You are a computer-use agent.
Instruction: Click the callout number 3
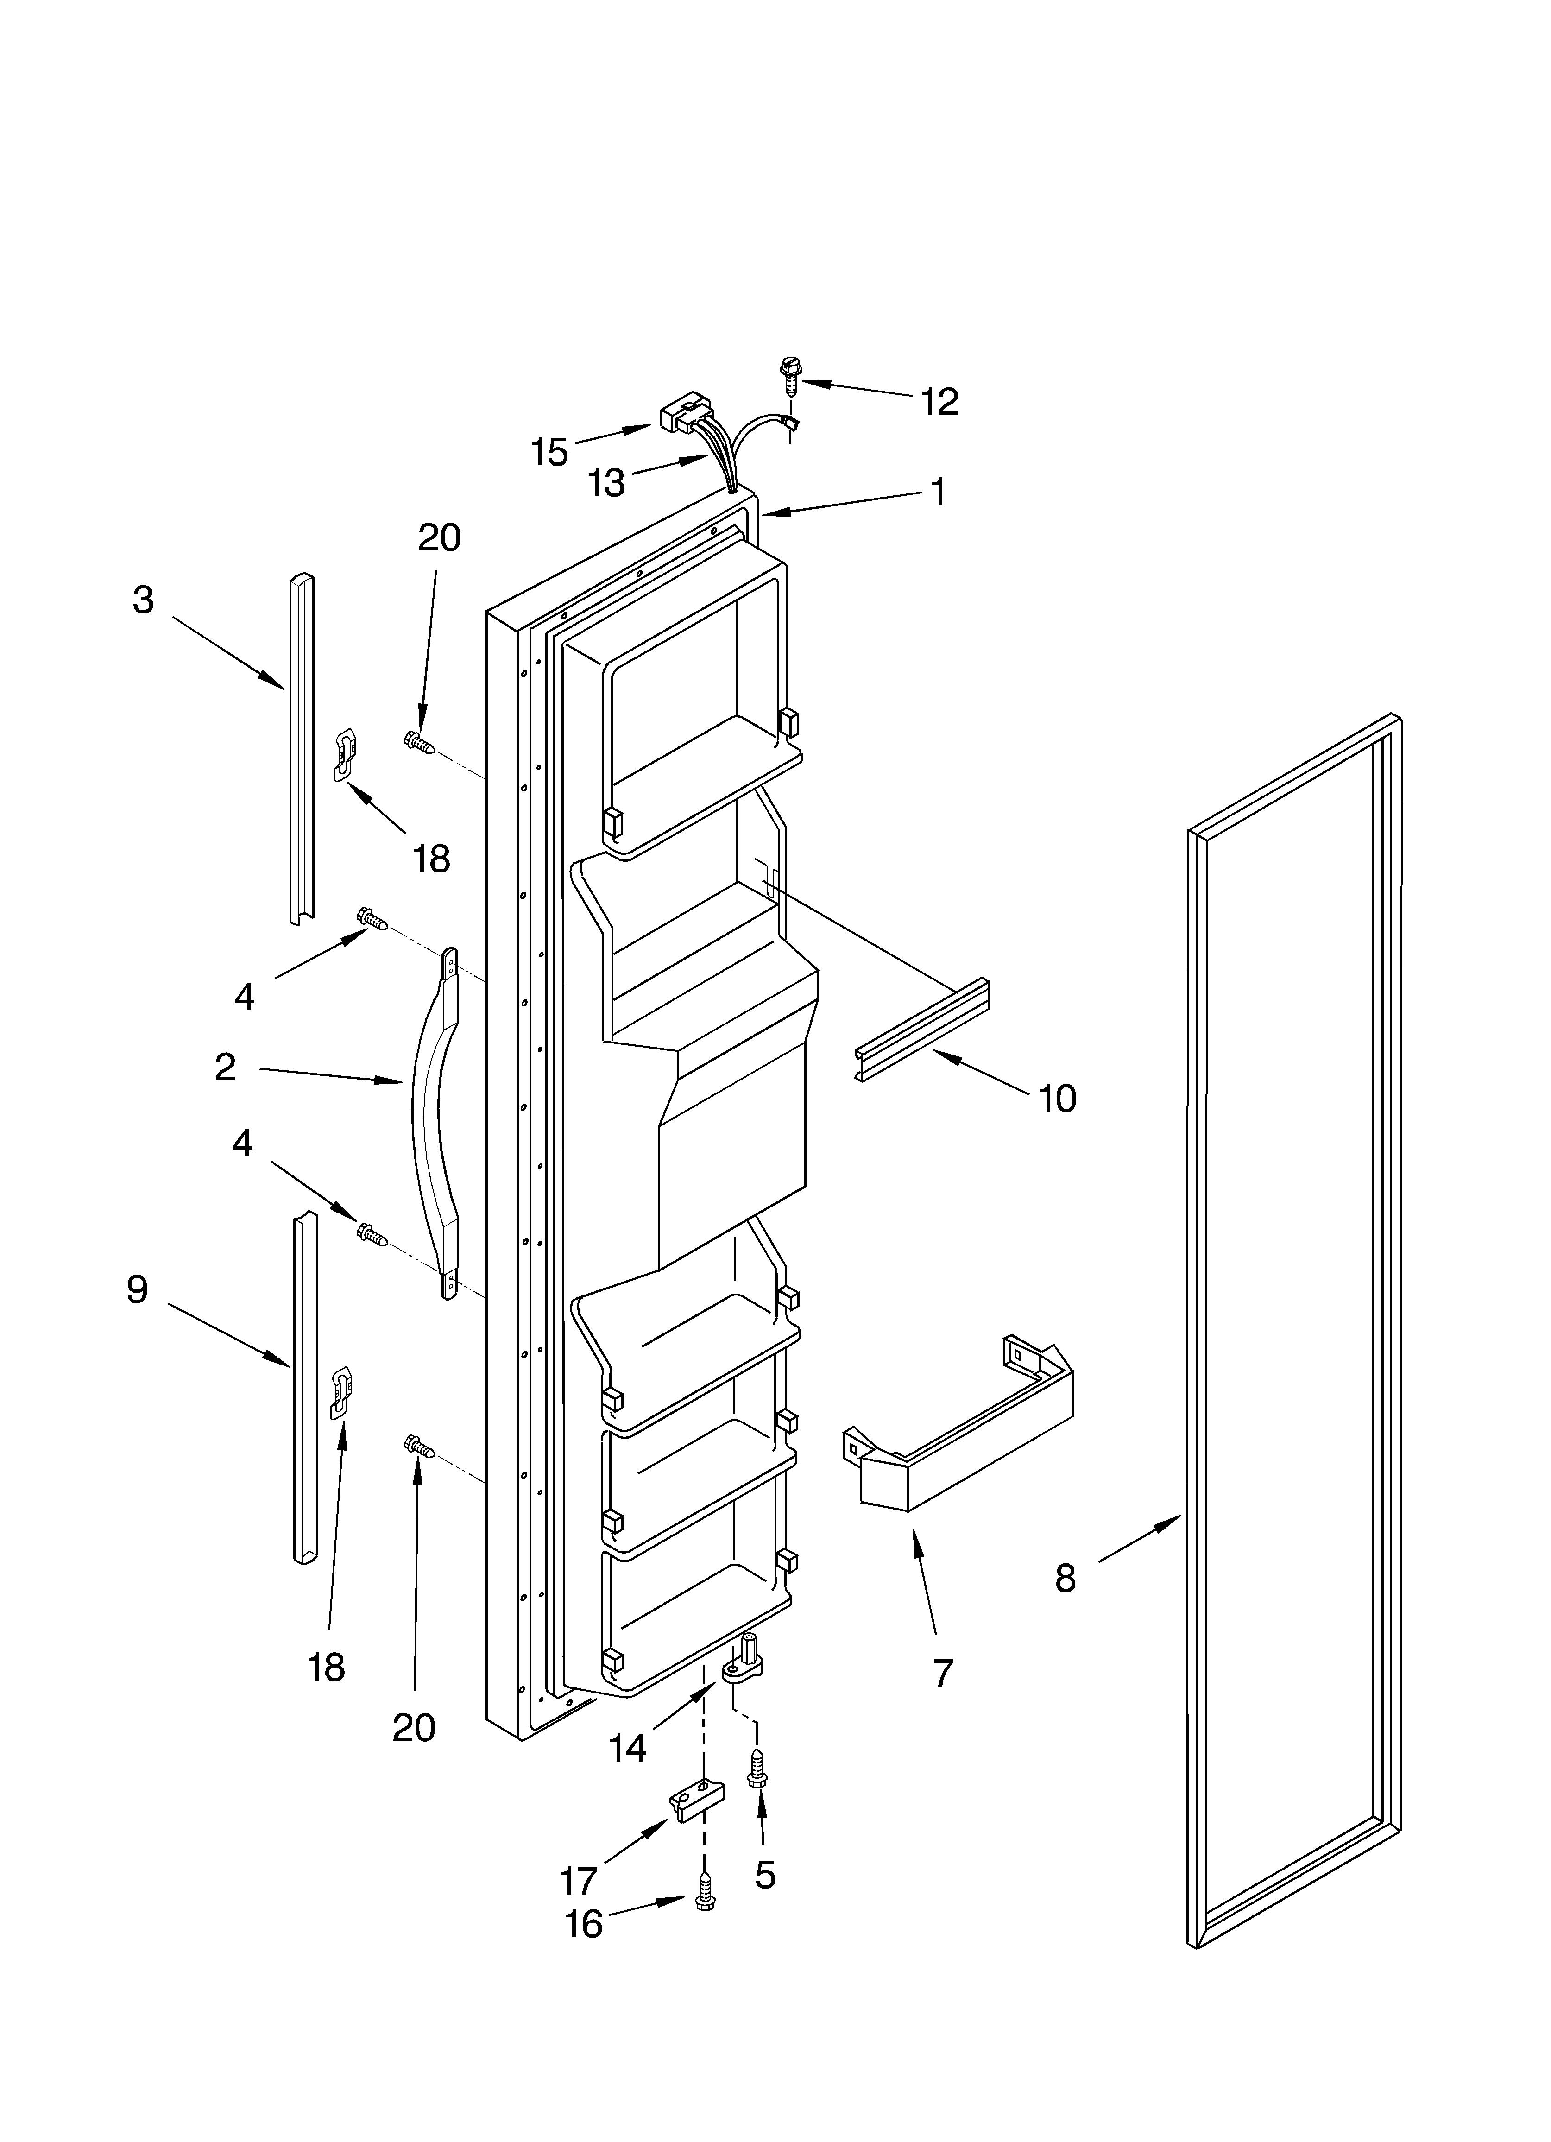(x=143, y=600)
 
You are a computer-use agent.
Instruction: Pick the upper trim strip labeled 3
(x=301, y=746)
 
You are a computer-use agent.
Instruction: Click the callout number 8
(x=1066, y=1577)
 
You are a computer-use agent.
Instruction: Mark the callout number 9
(x=138, y=1289)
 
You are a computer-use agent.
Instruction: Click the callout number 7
(x=943, y=1673)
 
